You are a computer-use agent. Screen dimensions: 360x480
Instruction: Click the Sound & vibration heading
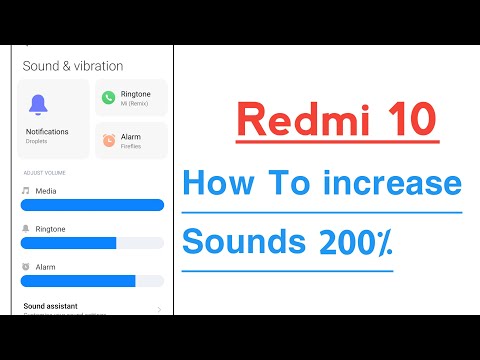[72, 66]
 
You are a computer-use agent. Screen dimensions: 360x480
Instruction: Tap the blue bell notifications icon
[39, 105]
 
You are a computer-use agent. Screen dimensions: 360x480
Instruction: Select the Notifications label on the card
[47, 131]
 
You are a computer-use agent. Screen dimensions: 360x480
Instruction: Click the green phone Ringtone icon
[108, 97]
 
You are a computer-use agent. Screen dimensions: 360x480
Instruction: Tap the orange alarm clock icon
[108, 141]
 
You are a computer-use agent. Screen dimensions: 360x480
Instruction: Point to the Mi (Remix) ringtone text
[135, 103]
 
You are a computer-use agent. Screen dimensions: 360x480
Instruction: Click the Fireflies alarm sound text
[130, 147]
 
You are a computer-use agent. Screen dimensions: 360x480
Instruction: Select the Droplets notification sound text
[36, 141]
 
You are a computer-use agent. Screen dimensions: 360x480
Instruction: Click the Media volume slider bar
[92, 205]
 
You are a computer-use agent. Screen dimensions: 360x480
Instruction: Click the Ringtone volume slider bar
[92, 243]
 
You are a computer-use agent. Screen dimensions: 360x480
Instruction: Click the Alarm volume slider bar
[92, 281]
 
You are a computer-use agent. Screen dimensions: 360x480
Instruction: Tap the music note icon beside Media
[26, 190]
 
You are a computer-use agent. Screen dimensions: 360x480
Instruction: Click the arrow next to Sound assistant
[159, 309]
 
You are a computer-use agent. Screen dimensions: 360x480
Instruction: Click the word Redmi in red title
[298, 122]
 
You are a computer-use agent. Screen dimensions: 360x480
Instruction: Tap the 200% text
[356, 243]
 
